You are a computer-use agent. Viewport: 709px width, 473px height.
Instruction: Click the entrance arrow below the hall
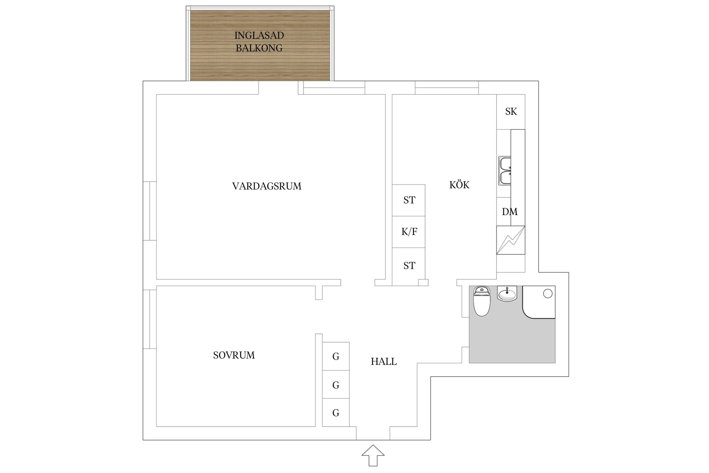pyautogui.click(x=373, y=455)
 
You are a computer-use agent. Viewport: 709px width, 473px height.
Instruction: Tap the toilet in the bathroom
pyautogui.click(x=482, y=302)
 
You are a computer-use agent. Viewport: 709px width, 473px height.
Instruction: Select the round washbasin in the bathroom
pyautogui.click(x=507, y=294)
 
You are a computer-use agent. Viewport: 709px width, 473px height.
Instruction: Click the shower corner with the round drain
pyautogui.click(x=540, y=302)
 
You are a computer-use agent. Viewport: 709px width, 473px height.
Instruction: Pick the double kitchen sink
pyautogui.click(x=505, y=171)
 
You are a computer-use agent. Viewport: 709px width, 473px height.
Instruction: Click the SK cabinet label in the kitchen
pyautogui.click(x=511, y=112)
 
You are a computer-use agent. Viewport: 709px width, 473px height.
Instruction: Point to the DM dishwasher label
pyautogui.click(x=509, y=212)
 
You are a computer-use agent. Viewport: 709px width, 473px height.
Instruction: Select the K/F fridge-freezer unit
pyautogui.click(x=409, y=232)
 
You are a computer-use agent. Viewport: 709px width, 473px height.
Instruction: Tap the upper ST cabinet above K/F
pyautogui.click(x=409, y=200)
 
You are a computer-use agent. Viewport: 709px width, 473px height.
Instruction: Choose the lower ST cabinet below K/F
pyautogui.click(x=409, y=266)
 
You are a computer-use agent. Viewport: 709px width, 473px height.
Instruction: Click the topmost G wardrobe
pyautogui.click(x=336, y=357)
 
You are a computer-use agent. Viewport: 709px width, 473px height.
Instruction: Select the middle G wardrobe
pyautogui.click(x=336, y=385)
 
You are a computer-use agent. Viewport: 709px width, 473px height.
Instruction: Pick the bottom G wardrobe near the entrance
pyautogui.click(x=336, y=413)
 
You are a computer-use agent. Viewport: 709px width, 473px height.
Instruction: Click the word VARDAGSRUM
pyautogui.click(x=267, y=186)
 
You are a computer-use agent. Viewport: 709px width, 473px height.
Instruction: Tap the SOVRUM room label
pyautogui.click(x=234, y=355)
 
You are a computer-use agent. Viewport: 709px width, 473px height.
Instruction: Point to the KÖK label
pyautogui.click(x=459, y=185)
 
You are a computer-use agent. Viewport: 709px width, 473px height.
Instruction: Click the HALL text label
pyautogui.click(x=383, y=361)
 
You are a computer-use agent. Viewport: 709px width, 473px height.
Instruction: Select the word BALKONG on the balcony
pyautogui.click(x=259, y=48)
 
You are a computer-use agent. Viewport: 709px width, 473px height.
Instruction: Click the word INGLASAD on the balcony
pyautogui.click(x=259, y=35)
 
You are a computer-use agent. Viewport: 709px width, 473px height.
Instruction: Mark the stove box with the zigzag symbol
pyautogui.click(x=511, y=240)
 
